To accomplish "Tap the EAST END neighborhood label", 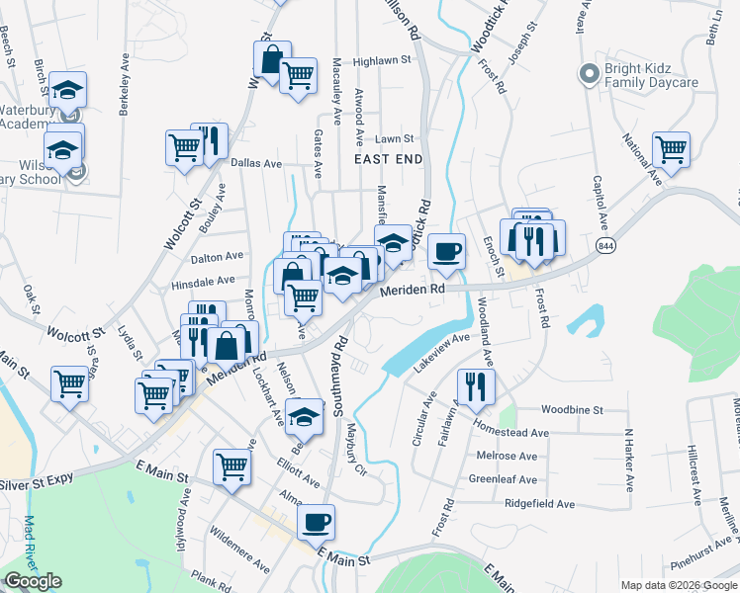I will tap(389, 159).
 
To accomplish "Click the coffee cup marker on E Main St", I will tap(316, 521).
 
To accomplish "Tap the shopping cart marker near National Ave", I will tap(671, 149).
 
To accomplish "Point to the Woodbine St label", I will tap(572, 409).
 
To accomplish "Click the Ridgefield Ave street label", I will tap(539, 504).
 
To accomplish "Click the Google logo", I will tap(33, 581).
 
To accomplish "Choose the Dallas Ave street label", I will tap(256, 163).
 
